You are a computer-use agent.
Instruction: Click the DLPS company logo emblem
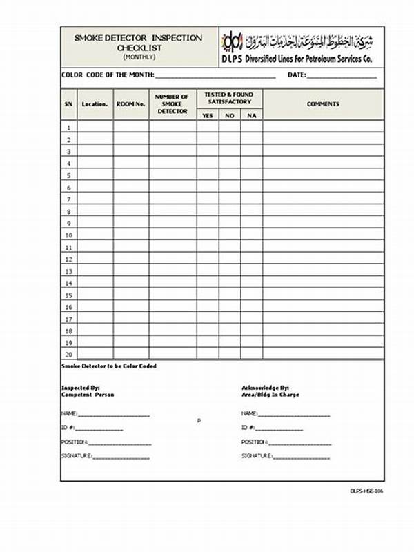(x=234, y=41)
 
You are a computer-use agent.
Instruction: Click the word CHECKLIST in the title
(x=139, y=47)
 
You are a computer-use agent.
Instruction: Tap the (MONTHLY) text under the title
(x=139, y=56)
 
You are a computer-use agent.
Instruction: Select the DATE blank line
(x=342, y=76)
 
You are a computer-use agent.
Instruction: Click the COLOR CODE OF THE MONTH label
(x=108, y=75)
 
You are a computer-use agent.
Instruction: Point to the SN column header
(x=68, y=104)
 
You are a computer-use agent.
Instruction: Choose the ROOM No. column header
(x=131, y=104)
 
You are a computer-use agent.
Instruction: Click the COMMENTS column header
(x=323, y=104)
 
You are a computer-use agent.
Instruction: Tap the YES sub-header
(x=208, y=115)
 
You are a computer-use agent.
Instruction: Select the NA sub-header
(x=251, y=115)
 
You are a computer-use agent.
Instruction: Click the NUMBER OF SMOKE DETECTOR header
(x=172, y=104)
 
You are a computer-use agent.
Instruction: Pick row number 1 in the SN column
(x=68, y=128)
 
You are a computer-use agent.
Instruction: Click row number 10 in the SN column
(x=68, y=235)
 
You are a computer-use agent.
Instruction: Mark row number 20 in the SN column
(x=68, y=354)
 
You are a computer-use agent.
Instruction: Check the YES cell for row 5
(x=208, y=175)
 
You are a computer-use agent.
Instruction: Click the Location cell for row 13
(x=95, y=271)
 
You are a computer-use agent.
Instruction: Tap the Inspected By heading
(x=81, y=388)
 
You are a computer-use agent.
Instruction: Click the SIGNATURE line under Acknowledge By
(x=301, y=457)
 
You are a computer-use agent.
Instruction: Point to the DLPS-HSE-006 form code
(x=366, y=491)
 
